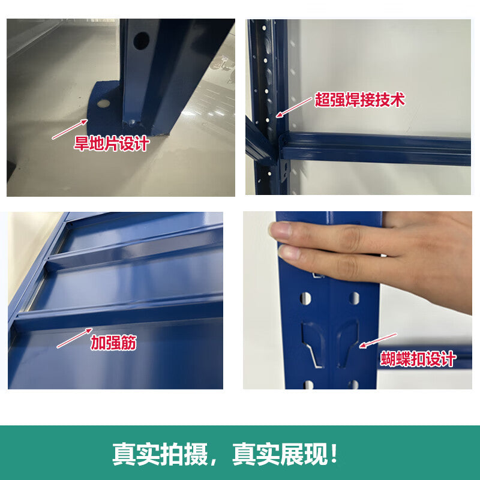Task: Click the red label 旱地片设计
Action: click(112, 143)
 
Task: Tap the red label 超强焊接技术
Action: click(359, 100)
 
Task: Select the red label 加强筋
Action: click(113, 343)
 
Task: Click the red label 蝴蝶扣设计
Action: click(418, 359)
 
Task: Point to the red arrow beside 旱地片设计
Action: click(70, 130)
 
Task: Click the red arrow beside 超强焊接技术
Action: click(294, 107)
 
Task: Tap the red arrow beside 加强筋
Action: click(74, 338)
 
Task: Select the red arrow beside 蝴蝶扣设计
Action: click(378, 340)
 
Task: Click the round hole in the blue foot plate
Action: click(103, 103)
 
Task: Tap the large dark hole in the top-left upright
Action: click(141, 41)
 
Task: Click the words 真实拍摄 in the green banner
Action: click(160, 454)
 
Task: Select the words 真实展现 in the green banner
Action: click(280, 454)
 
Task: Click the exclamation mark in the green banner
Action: click(334, 454)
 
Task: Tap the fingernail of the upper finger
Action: click(280, 230)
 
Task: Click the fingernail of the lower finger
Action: click(287, 252)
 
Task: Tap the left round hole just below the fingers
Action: click(306, 298)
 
